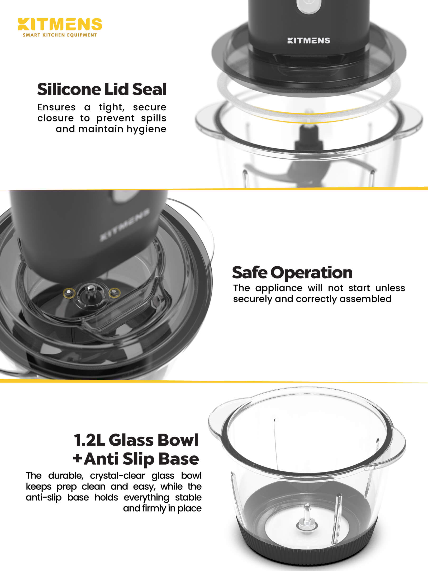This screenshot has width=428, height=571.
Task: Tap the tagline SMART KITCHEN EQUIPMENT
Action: (x=60, y=35)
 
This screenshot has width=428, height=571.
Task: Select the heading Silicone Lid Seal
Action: (x=102, y=89)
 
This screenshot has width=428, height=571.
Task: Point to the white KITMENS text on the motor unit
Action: (x=308, y=40)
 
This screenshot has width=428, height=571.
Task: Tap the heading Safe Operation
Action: (x=292, y=272)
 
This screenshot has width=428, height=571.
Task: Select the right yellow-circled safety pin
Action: (x=114, y=292)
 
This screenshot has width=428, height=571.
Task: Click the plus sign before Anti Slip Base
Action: (x=77, y=459)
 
